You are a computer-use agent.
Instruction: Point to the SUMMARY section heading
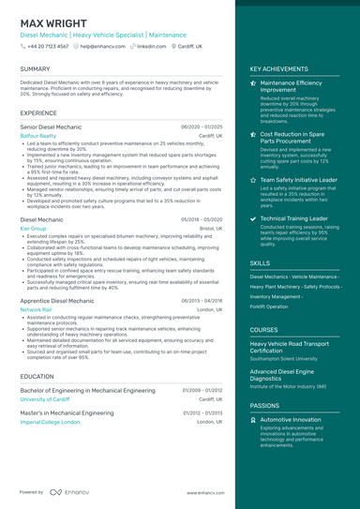[x=35, y=69]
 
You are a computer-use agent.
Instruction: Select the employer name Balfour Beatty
[x=38, y=135]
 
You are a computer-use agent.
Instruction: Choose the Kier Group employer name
[x=33, y=228]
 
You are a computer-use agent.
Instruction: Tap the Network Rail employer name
[x=36, y=308]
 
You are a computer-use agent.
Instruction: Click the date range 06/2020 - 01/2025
[x=202, y=126]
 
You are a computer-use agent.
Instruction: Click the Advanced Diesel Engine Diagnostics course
[x=287, y=375]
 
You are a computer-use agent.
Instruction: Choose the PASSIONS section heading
[x=264, y=405]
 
